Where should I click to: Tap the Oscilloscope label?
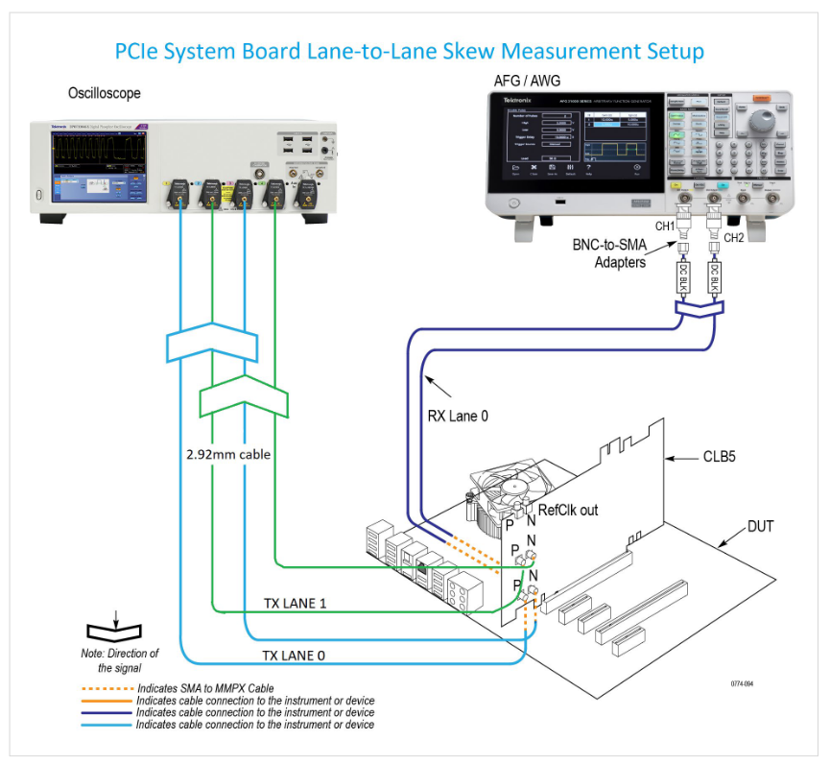point(104,93)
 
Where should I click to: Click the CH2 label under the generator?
point(734,237)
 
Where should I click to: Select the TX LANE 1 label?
point(296,604)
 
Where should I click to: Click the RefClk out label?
point(567,510)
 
